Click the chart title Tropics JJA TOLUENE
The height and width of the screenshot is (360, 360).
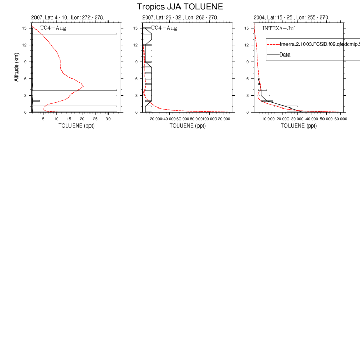pyautogui.click(x=180, y=7)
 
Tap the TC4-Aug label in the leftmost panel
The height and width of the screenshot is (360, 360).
pyautogui.click(x=53, y=28)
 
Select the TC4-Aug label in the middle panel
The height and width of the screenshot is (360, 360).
pyautogui.click(x=164, y=28)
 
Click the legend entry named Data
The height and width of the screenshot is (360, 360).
pyautogui.click(x=285, y=55)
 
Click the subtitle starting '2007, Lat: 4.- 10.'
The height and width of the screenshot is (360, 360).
pyautogui.click(x=67, y=17)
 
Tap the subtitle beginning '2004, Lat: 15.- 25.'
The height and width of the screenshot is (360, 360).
pyautogui.click(x=291, y=17)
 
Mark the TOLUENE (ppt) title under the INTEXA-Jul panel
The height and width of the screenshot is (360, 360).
pyautogui.click(x=298, y=125)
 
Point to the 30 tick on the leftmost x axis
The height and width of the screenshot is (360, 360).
pyautogui.click(x=108, y=119)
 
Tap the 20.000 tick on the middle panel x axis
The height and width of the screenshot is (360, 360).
pyautogui.click(x=156, y=119)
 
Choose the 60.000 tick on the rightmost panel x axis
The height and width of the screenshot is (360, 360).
pyautogui.click(x=340, y=119)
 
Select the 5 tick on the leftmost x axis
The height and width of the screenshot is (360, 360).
pyautogui.click(x=44, y=119)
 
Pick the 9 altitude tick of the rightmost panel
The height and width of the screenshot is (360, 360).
pyautogui.click(x=248, y=62)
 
